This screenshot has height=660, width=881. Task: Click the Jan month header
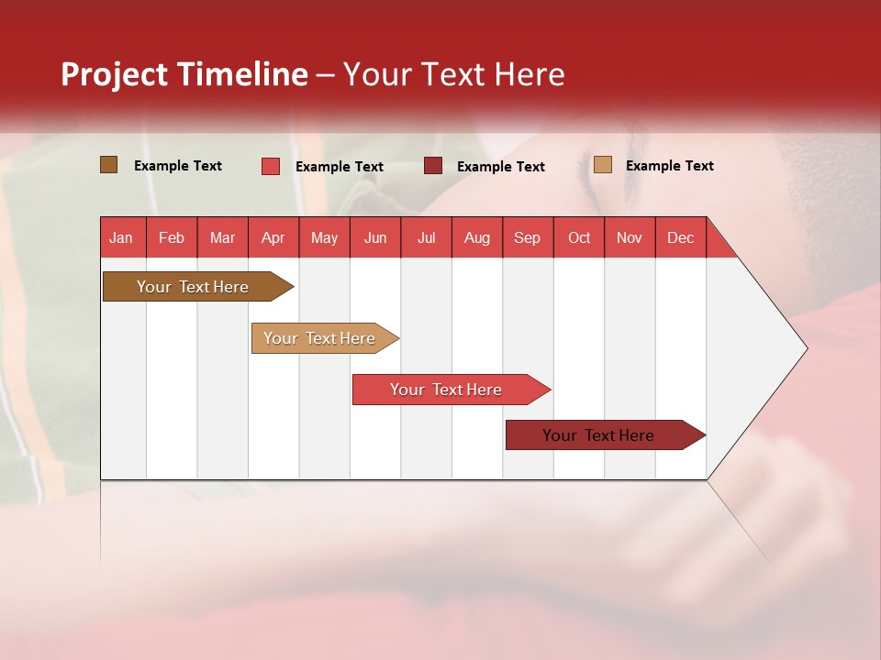click(122, 237)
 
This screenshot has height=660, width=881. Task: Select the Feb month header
click(172, 237)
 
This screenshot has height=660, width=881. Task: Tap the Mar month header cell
click(222, 237)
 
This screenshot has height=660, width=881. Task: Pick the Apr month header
click(273, 237)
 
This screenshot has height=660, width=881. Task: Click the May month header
click(324, 237)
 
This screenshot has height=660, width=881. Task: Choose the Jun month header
click(375, 237)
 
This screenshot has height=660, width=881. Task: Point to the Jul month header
click(426, 237)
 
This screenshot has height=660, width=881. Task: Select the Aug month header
click(477, 237)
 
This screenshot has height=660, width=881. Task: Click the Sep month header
click(528, 237)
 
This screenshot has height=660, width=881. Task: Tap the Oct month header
click(579, 237)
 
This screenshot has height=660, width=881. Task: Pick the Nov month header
click(630, 237)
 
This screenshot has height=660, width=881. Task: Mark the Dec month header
click(681, 237)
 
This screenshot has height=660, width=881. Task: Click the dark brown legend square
click(109, 165)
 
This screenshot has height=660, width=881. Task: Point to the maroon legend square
click(433, 166)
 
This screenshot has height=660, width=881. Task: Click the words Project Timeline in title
click(184, 74)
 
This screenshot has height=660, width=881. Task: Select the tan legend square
click(602, 165)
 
